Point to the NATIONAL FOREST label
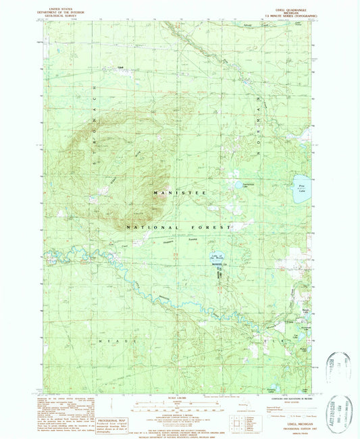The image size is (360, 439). click(180, 228)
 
